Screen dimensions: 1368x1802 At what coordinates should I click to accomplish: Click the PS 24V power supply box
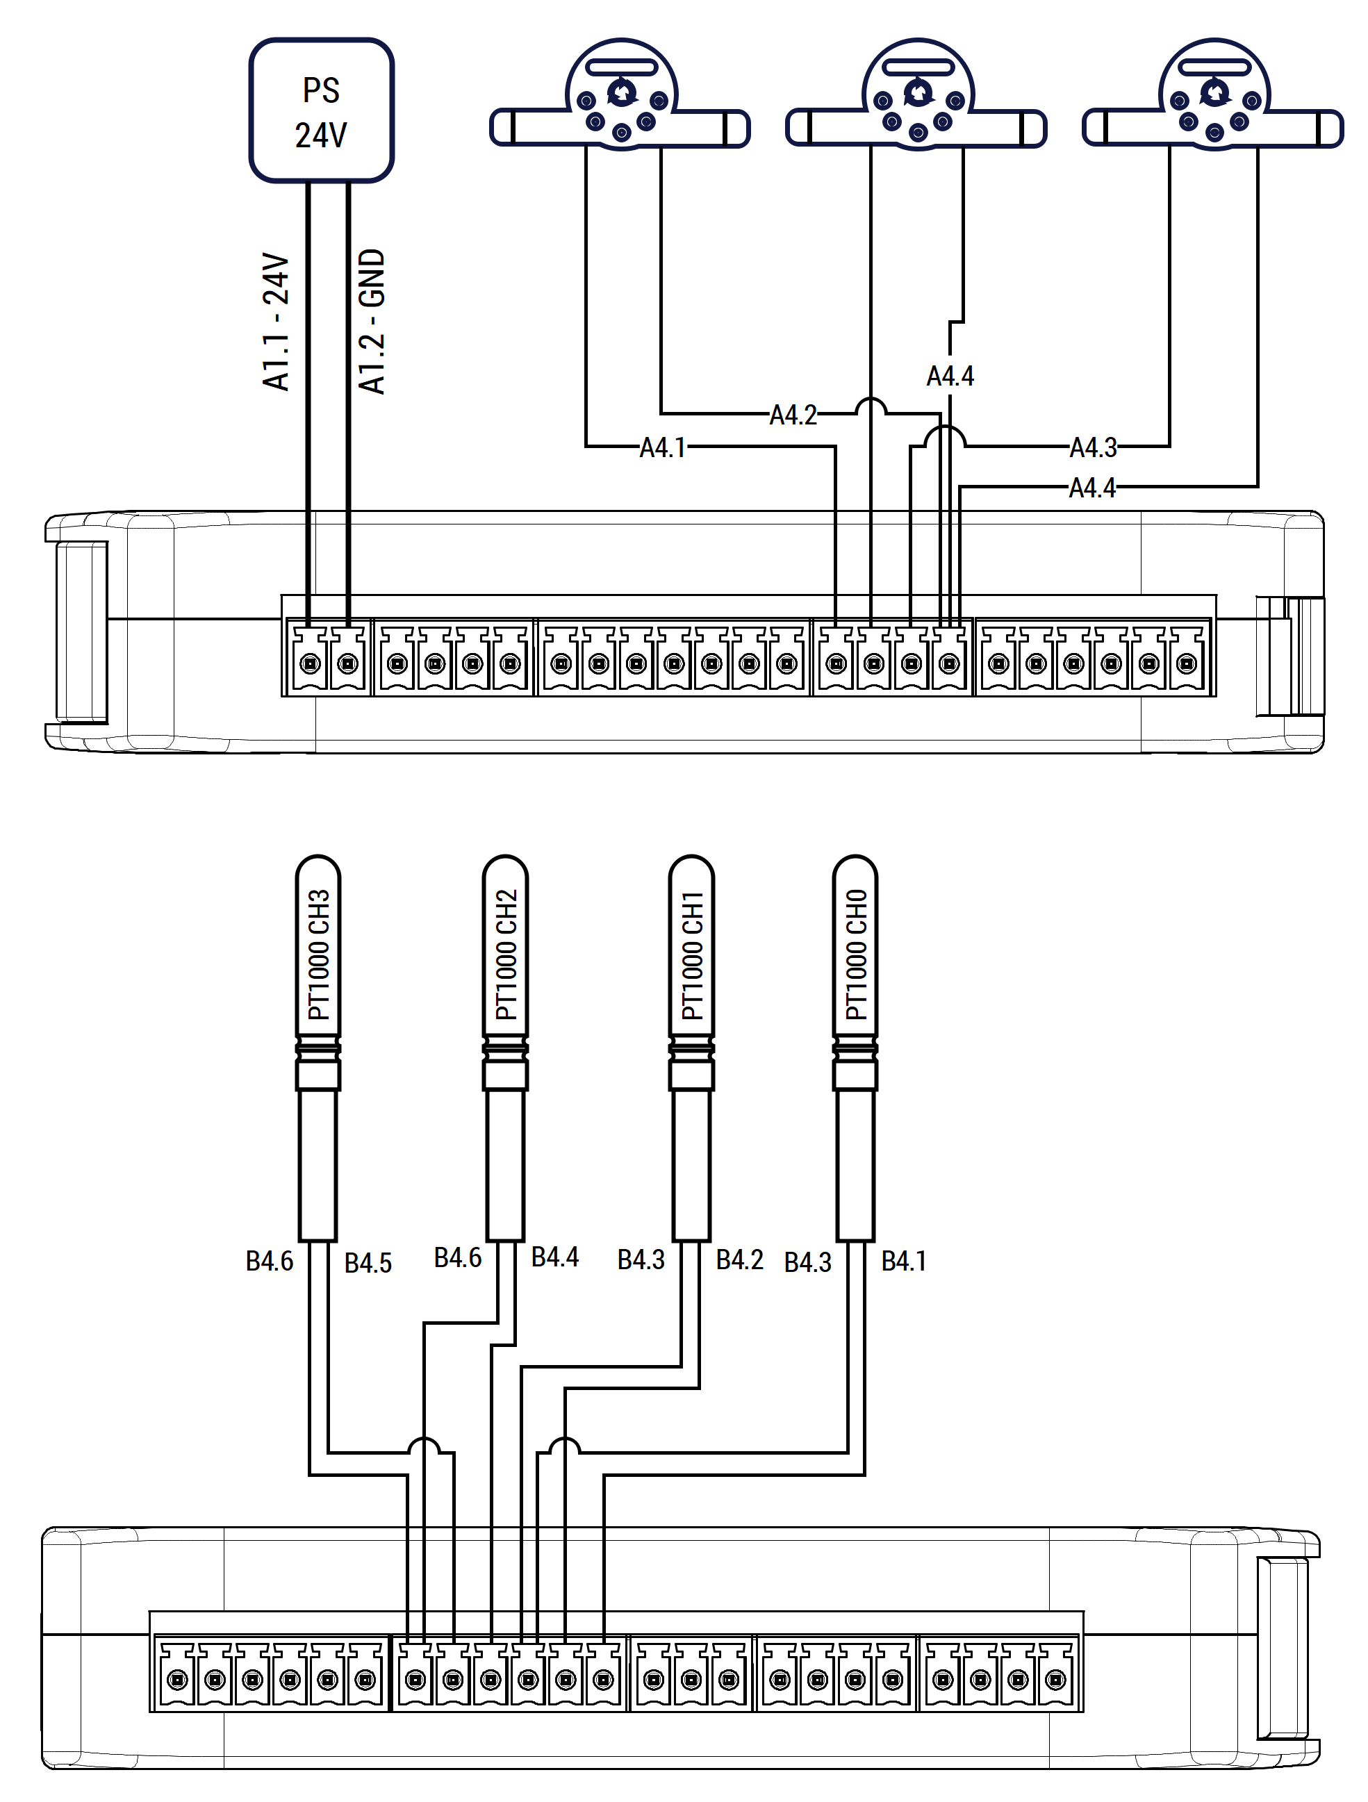321,110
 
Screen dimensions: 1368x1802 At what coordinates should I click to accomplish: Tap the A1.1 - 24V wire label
277,322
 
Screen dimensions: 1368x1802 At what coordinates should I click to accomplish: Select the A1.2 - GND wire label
372,322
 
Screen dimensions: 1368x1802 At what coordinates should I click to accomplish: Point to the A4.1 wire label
662,447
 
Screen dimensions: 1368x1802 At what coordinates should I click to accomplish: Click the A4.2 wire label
793,415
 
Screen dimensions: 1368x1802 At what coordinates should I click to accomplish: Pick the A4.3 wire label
1093,447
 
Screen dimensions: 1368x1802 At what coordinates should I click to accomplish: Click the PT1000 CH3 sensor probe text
319,954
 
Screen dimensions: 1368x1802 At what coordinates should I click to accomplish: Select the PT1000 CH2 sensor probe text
506,954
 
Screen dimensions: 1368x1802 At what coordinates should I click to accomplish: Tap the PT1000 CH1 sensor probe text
692,954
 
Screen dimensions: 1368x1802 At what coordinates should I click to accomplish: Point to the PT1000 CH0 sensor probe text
855,954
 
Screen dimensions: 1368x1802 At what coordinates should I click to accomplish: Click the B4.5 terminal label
368,1263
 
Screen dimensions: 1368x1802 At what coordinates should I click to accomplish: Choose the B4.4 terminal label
555,1257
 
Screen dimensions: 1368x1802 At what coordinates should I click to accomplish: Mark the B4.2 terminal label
740,1259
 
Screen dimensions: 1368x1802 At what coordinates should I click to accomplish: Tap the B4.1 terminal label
904,1260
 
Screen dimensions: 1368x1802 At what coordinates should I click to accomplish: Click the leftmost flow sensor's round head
622,94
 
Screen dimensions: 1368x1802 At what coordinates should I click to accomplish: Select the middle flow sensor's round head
918,94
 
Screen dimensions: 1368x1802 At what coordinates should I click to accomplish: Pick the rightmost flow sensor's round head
1215,94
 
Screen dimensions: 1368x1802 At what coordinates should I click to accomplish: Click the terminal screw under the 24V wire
311,664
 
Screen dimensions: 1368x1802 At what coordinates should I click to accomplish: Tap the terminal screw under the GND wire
348,664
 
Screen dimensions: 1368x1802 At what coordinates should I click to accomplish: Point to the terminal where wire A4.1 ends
836,664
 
